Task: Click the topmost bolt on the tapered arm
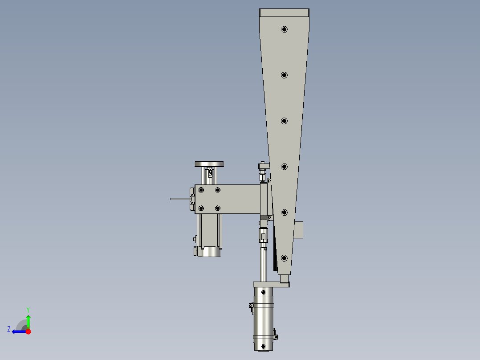pos(284,29)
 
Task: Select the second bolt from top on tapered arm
pos(284,75)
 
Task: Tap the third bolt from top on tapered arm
pos(284,121)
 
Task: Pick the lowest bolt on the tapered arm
pos(284,258)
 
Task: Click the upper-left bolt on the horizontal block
pos(201,190)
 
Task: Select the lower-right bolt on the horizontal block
pos(218,208)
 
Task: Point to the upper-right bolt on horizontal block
pos(218,190)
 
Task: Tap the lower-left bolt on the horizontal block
pos(201,208)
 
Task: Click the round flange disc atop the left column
pos(209,164)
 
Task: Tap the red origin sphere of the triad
pos(28,331)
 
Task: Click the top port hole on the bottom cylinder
pos(264,292)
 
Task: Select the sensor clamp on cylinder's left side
pos(251,307)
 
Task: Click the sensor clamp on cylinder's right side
pos(275,334)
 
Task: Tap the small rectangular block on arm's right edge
pos(298,230)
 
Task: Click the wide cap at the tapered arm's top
pos(284,13)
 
